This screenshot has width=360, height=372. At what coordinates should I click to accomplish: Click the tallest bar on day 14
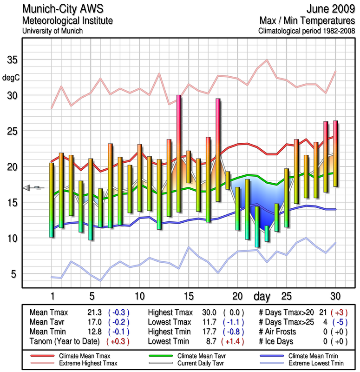(178, 153)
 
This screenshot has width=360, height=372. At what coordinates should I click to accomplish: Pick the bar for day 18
(218, 150)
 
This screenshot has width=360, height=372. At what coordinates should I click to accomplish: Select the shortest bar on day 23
(267, 233)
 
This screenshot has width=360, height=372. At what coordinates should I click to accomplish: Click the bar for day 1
(52, 200)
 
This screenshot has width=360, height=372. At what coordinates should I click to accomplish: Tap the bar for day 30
(335, 153)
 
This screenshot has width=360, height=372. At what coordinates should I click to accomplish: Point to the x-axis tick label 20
(237, 296)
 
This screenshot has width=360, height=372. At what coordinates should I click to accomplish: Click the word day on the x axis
(263, 296)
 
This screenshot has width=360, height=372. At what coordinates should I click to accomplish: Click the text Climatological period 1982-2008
(307, 31)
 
